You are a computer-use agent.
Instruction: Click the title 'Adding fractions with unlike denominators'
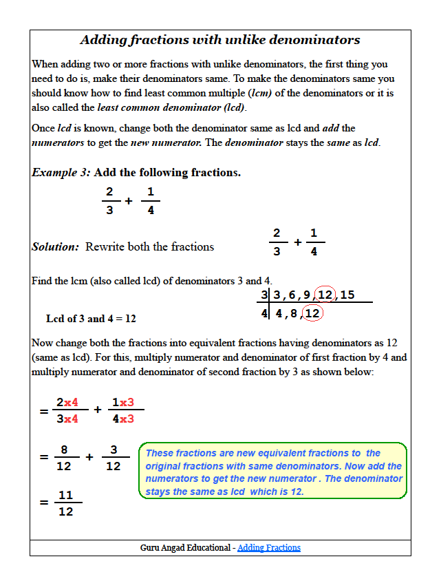[220, 40]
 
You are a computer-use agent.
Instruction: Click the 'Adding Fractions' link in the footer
[269, 548]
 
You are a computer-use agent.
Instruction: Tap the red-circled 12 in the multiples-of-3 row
[325, 295]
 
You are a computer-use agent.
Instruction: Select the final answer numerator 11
[65, 495]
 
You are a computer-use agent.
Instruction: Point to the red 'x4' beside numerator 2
[72, 403]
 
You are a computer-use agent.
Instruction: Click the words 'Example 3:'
[61, 172]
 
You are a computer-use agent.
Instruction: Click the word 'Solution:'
[56, 246]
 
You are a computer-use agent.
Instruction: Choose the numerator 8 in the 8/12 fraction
[64, 450]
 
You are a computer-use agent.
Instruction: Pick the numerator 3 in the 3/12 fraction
[114, 450]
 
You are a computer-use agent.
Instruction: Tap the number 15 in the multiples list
[347, 295]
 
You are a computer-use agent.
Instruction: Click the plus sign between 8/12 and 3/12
[89, 457]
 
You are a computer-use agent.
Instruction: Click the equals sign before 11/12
[44, 503]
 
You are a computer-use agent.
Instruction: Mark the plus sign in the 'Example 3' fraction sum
[129, 201]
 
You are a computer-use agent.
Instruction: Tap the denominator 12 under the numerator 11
[65, 511]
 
